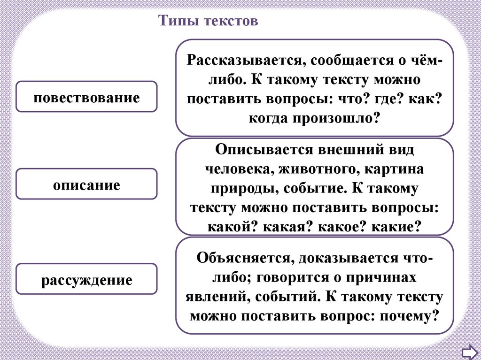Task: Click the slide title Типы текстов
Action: click(208, 21)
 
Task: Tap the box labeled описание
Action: click(86, 184)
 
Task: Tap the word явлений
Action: click(216, 297)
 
